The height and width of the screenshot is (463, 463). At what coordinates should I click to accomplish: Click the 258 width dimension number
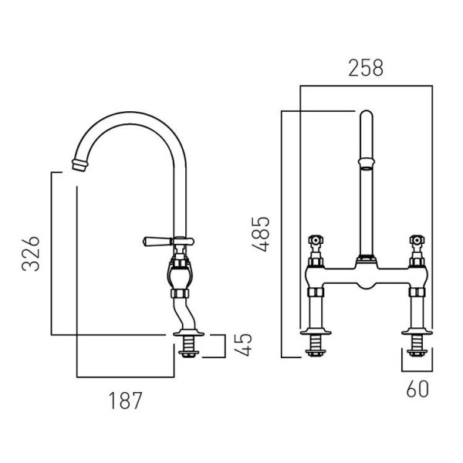coord(366,68)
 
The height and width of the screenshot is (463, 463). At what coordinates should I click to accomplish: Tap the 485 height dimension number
coord(261,235)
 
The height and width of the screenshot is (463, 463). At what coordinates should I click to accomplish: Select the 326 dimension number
coord(31,254)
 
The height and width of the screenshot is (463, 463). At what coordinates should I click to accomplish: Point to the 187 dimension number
coord(126,400)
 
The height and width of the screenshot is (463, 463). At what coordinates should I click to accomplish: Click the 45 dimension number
coord(244,345)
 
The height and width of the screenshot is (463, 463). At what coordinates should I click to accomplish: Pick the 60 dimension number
coord(417,389)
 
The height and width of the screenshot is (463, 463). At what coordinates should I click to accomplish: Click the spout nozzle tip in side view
coord(79,165)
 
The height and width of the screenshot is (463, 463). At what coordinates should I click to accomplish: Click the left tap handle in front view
coord(316,240)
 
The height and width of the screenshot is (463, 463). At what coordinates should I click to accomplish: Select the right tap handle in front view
coord(417,240)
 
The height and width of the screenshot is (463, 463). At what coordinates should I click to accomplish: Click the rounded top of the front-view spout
coord(367,114)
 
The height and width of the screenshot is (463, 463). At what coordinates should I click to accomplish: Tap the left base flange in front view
coord(316,332)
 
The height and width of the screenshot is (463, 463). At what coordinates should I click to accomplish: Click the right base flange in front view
coord(417,332)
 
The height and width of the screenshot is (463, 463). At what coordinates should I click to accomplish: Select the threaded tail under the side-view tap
coord(189,346)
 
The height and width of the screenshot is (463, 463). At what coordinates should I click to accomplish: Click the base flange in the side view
coord(189,333)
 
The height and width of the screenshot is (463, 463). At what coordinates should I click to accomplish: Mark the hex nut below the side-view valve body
coord(180,293)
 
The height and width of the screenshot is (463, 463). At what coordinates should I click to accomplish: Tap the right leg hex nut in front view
coord(417,292)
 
